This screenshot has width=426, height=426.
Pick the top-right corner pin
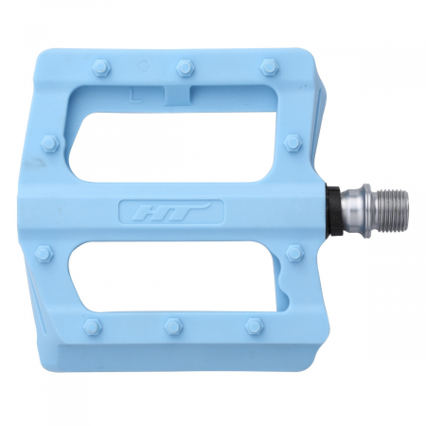(268, 67)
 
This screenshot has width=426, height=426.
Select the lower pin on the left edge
(44, 255)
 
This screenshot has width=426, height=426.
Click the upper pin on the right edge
(293, 142)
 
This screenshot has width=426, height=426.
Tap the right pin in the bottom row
(254, 326)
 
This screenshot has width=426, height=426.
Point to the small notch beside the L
(178, 94)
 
